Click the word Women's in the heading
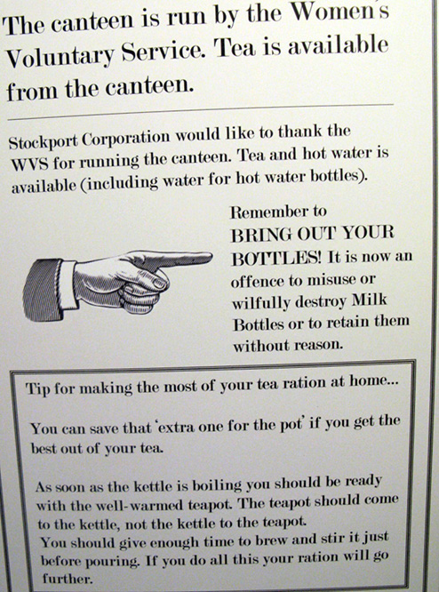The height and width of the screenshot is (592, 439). click(341, 13)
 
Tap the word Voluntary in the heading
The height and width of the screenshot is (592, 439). click(60, 58)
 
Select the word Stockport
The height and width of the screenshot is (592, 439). click(44, 141)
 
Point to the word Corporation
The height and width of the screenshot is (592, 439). click(126, 138)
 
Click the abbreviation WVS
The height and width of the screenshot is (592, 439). click(29, 164)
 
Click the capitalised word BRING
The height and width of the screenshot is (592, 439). click(261, 236)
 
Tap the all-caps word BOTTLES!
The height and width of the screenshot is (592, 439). click(276, 259)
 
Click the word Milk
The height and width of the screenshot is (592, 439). click(370, 300)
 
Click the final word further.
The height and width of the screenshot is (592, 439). click(68, 578)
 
